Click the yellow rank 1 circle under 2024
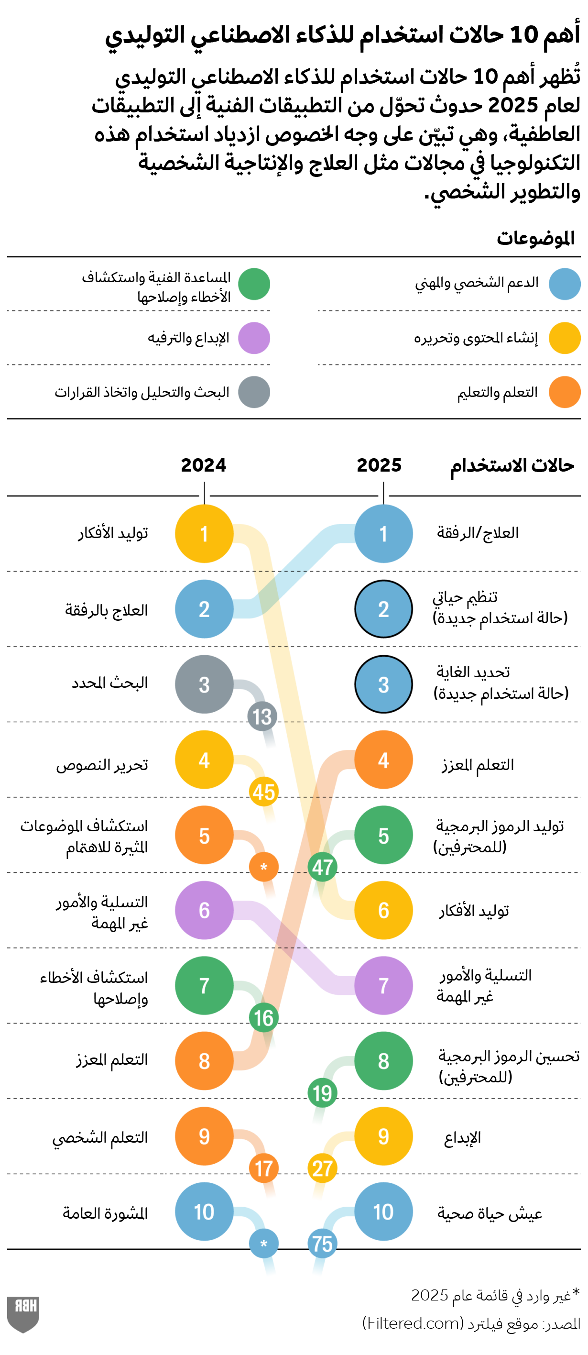pos(204,533)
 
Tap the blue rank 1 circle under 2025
pos(383,533)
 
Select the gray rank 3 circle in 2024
pos(204,684)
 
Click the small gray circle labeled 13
pos(262,716)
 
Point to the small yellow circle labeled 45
pos(263,792)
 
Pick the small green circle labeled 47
pos(322,867)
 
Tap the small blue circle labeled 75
pos(322,1244)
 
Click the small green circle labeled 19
pos(322,1093)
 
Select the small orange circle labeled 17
pos(263,1168)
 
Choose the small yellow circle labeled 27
pos(322,1168)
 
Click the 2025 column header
pos(379,465)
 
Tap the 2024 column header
pos(204,465)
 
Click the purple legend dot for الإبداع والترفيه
pos(254,338)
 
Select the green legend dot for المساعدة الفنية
pos(254,284)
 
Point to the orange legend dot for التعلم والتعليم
pos(564,392)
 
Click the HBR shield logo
pos(23,1313)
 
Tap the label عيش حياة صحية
pos(490,1213)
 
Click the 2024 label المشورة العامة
pos(105,1213)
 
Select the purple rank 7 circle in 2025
pos(383,985)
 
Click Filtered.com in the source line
pos(413,1322)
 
